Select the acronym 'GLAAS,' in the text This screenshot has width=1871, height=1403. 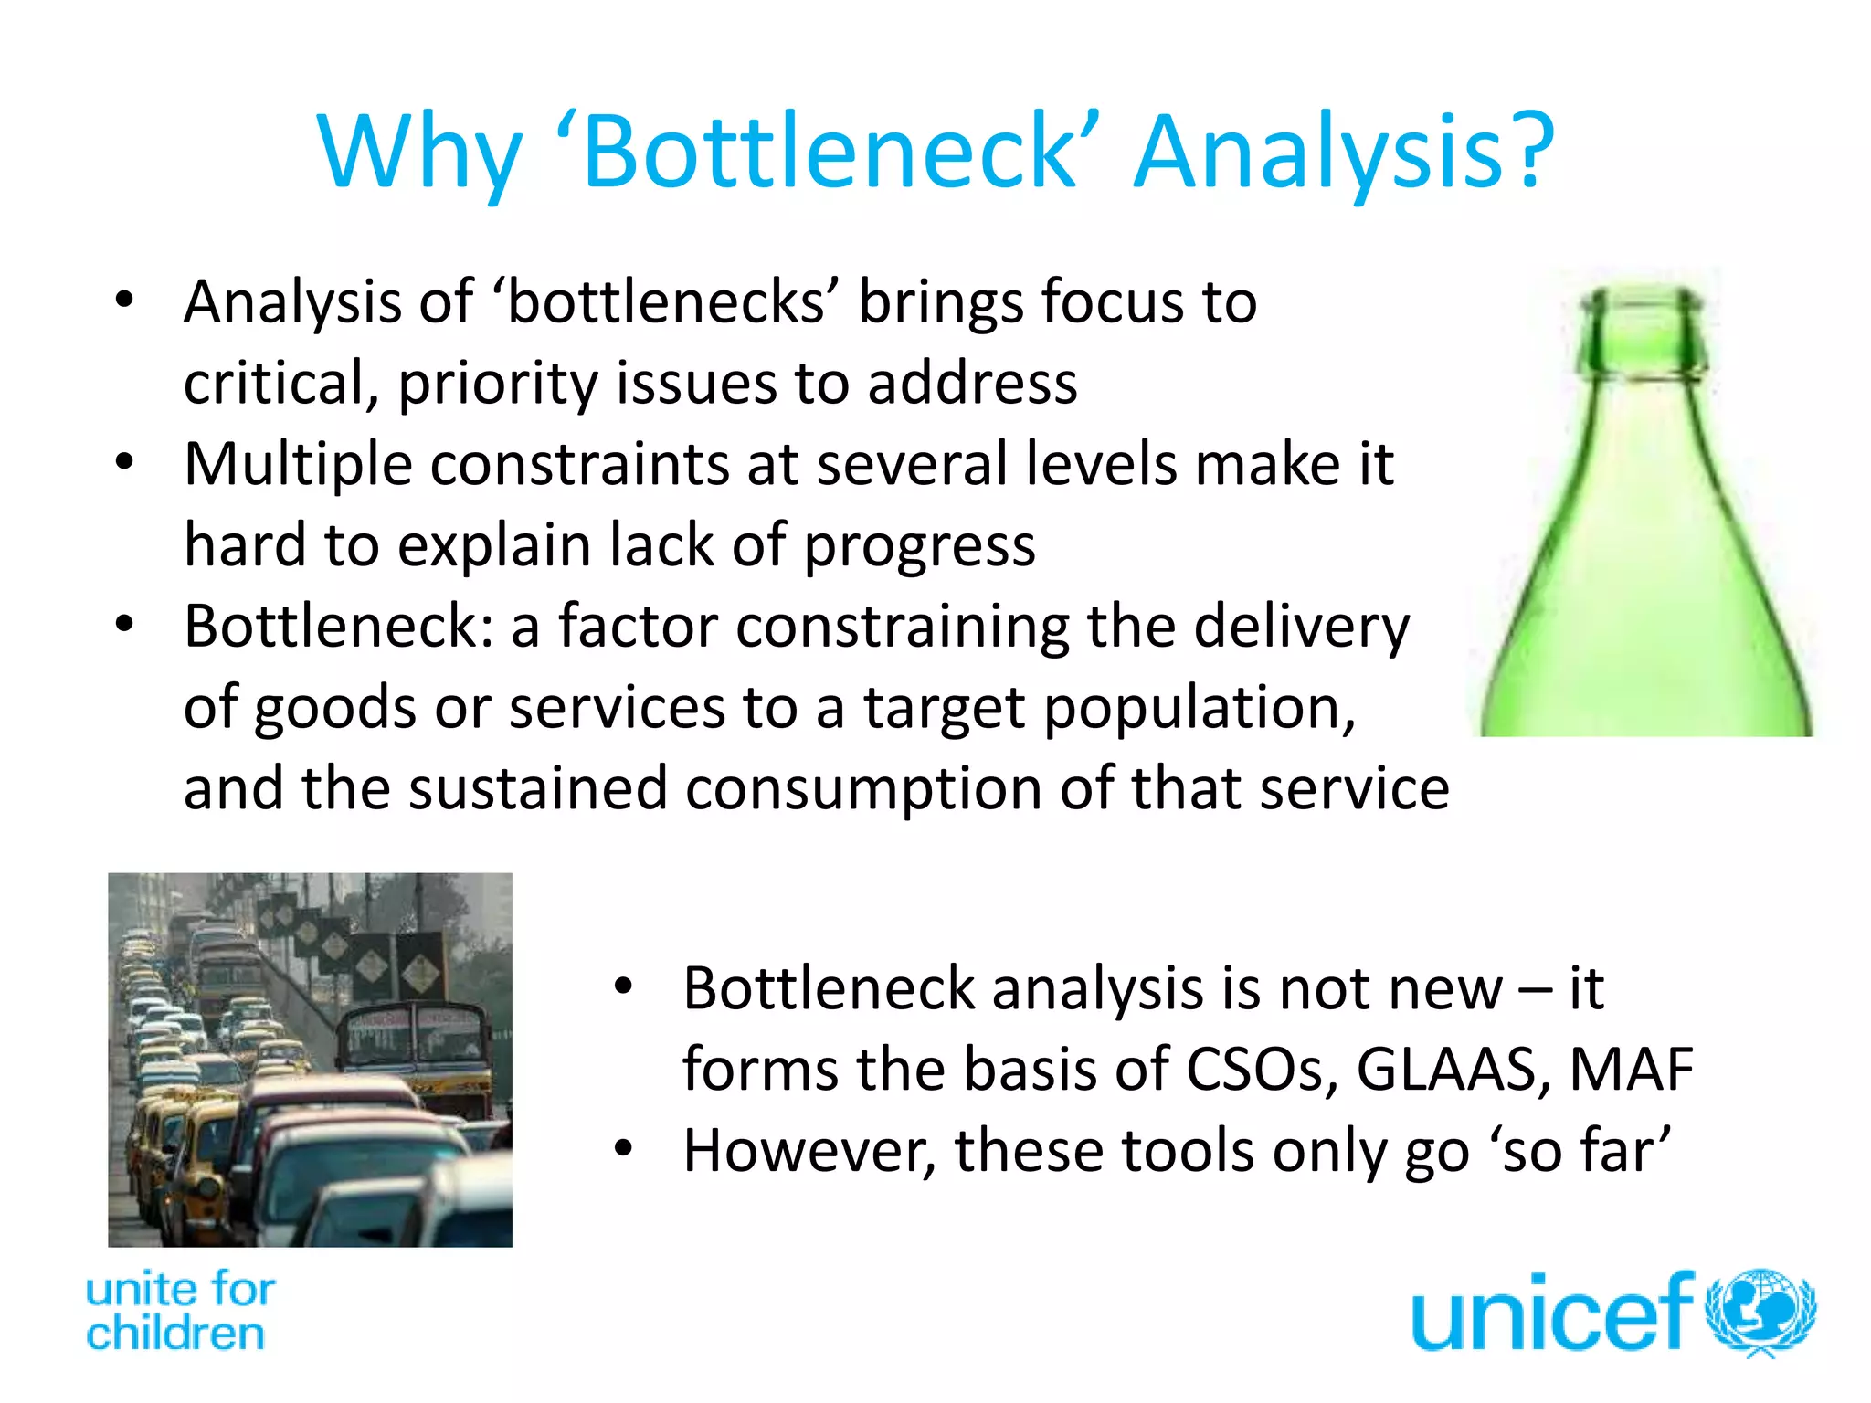tap(1453, 1070)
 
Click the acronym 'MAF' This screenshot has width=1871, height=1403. tap(1631, 1070)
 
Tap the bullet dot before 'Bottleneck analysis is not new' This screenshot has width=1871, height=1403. tap(623, 986)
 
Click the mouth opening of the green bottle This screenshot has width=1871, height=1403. tap(1644, 297)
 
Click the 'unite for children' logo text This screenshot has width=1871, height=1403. tap(179, 1311)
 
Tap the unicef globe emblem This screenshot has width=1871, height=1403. tap(1761, 1311)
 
